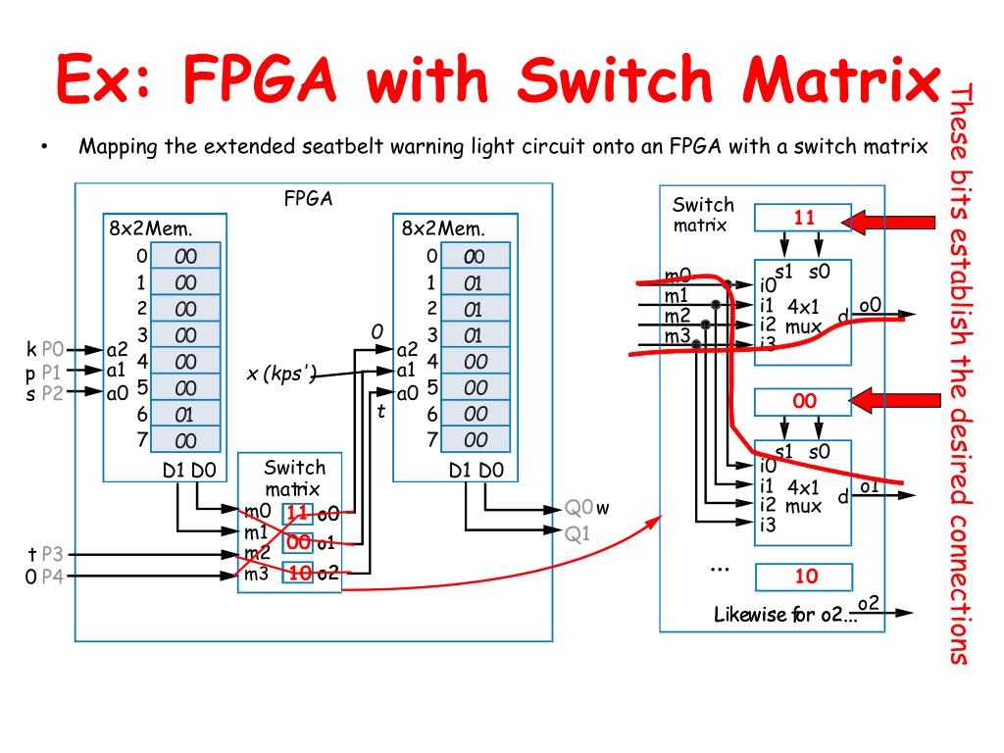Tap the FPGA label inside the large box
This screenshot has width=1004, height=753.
[x=309, y=199]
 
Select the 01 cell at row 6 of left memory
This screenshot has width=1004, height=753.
[x=185, y=415]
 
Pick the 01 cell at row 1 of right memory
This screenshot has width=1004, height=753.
[x=476, y=283]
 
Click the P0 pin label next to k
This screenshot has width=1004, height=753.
[x=52, y=349]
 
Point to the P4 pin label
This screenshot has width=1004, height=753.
[x=52, y=577]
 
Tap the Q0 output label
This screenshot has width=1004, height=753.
[x=579, y=508]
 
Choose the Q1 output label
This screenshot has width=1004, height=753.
[x=578, y=533]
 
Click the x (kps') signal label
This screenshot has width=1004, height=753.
[x=281, y=373]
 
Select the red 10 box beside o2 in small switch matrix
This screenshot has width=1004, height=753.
[x=299, y=573]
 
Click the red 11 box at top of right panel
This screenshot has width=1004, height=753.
[x=804, y=218]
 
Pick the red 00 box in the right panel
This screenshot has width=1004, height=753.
[x=804, y=401]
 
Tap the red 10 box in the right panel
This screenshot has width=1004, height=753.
[x=804, y=577]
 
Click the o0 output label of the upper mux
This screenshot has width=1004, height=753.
[x=871, y=305]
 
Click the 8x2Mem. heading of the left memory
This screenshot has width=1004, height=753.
[x=151, y=228]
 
